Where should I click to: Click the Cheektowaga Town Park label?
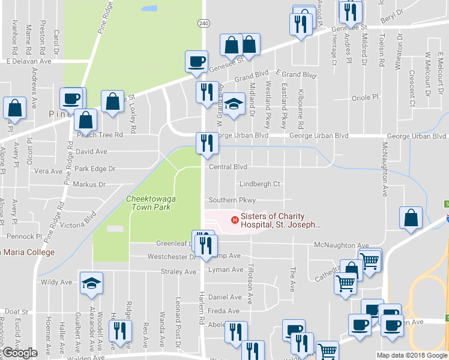(x=148, y=203)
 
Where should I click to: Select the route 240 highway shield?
(x=203, y=22)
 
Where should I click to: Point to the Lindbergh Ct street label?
(x=260, y=184)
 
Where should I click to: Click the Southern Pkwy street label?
(x=232, y=200)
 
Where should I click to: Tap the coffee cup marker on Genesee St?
(x=197, y=62)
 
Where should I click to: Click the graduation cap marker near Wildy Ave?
(x=91, y=284)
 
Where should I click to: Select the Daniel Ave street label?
(x=224, y=297)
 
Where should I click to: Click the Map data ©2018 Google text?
(x=412, y=355)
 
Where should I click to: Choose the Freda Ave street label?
(x=223, y=311)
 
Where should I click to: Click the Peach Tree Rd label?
(x=99, y=135)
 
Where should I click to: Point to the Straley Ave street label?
(x=179, y=271)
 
